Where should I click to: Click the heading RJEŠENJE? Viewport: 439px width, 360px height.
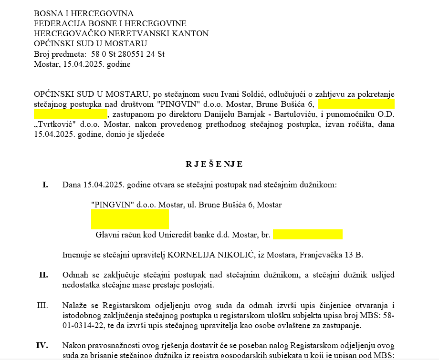214,165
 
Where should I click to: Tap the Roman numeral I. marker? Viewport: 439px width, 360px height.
45,185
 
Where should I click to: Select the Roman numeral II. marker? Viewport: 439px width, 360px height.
43,275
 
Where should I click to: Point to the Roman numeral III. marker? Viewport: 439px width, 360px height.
42,305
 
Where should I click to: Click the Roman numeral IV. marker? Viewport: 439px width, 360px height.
43,345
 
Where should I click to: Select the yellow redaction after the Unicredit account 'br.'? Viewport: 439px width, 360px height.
307,235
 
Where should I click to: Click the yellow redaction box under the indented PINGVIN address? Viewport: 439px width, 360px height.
130,219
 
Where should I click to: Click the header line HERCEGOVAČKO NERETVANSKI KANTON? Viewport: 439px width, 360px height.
121,33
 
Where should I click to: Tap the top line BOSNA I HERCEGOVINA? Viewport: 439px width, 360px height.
84,13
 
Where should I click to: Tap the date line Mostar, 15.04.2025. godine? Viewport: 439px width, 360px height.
82,64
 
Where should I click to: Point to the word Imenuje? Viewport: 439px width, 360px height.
77,255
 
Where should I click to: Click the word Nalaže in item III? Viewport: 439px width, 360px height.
74,305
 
